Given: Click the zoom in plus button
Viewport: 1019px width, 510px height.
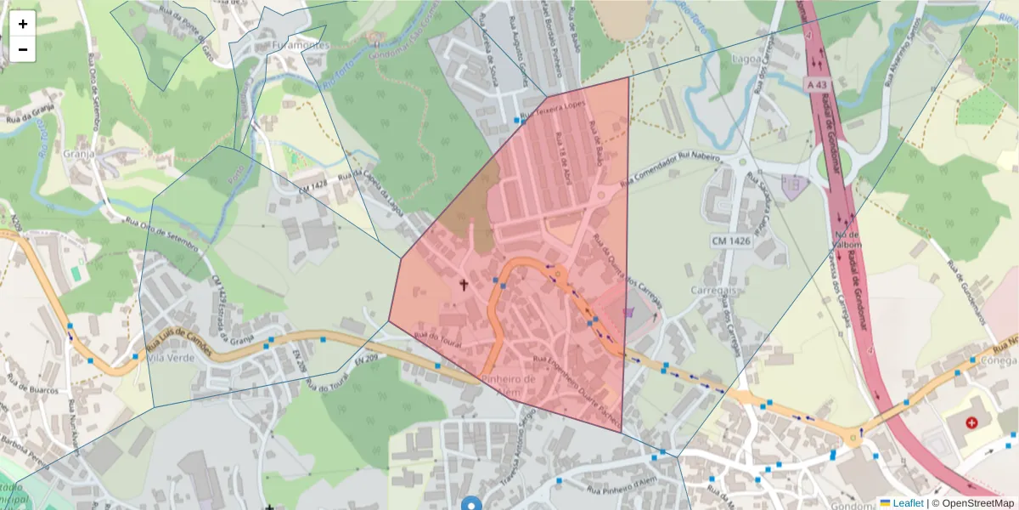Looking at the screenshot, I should coord(23,24).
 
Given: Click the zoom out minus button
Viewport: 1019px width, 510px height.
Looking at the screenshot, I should coord(23,49).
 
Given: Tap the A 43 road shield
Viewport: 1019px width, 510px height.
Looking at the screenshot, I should coord(818,85).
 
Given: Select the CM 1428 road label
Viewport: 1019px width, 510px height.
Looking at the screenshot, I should coord(313,185).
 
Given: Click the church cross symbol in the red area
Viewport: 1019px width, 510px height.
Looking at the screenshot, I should coord(464,284).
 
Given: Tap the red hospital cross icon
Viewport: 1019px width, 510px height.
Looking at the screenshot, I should coord(971,422).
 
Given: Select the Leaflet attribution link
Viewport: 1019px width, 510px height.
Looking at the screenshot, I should coord(907,503).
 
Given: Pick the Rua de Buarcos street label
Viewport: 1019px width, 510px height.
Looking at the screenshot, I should coord(32,390).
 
